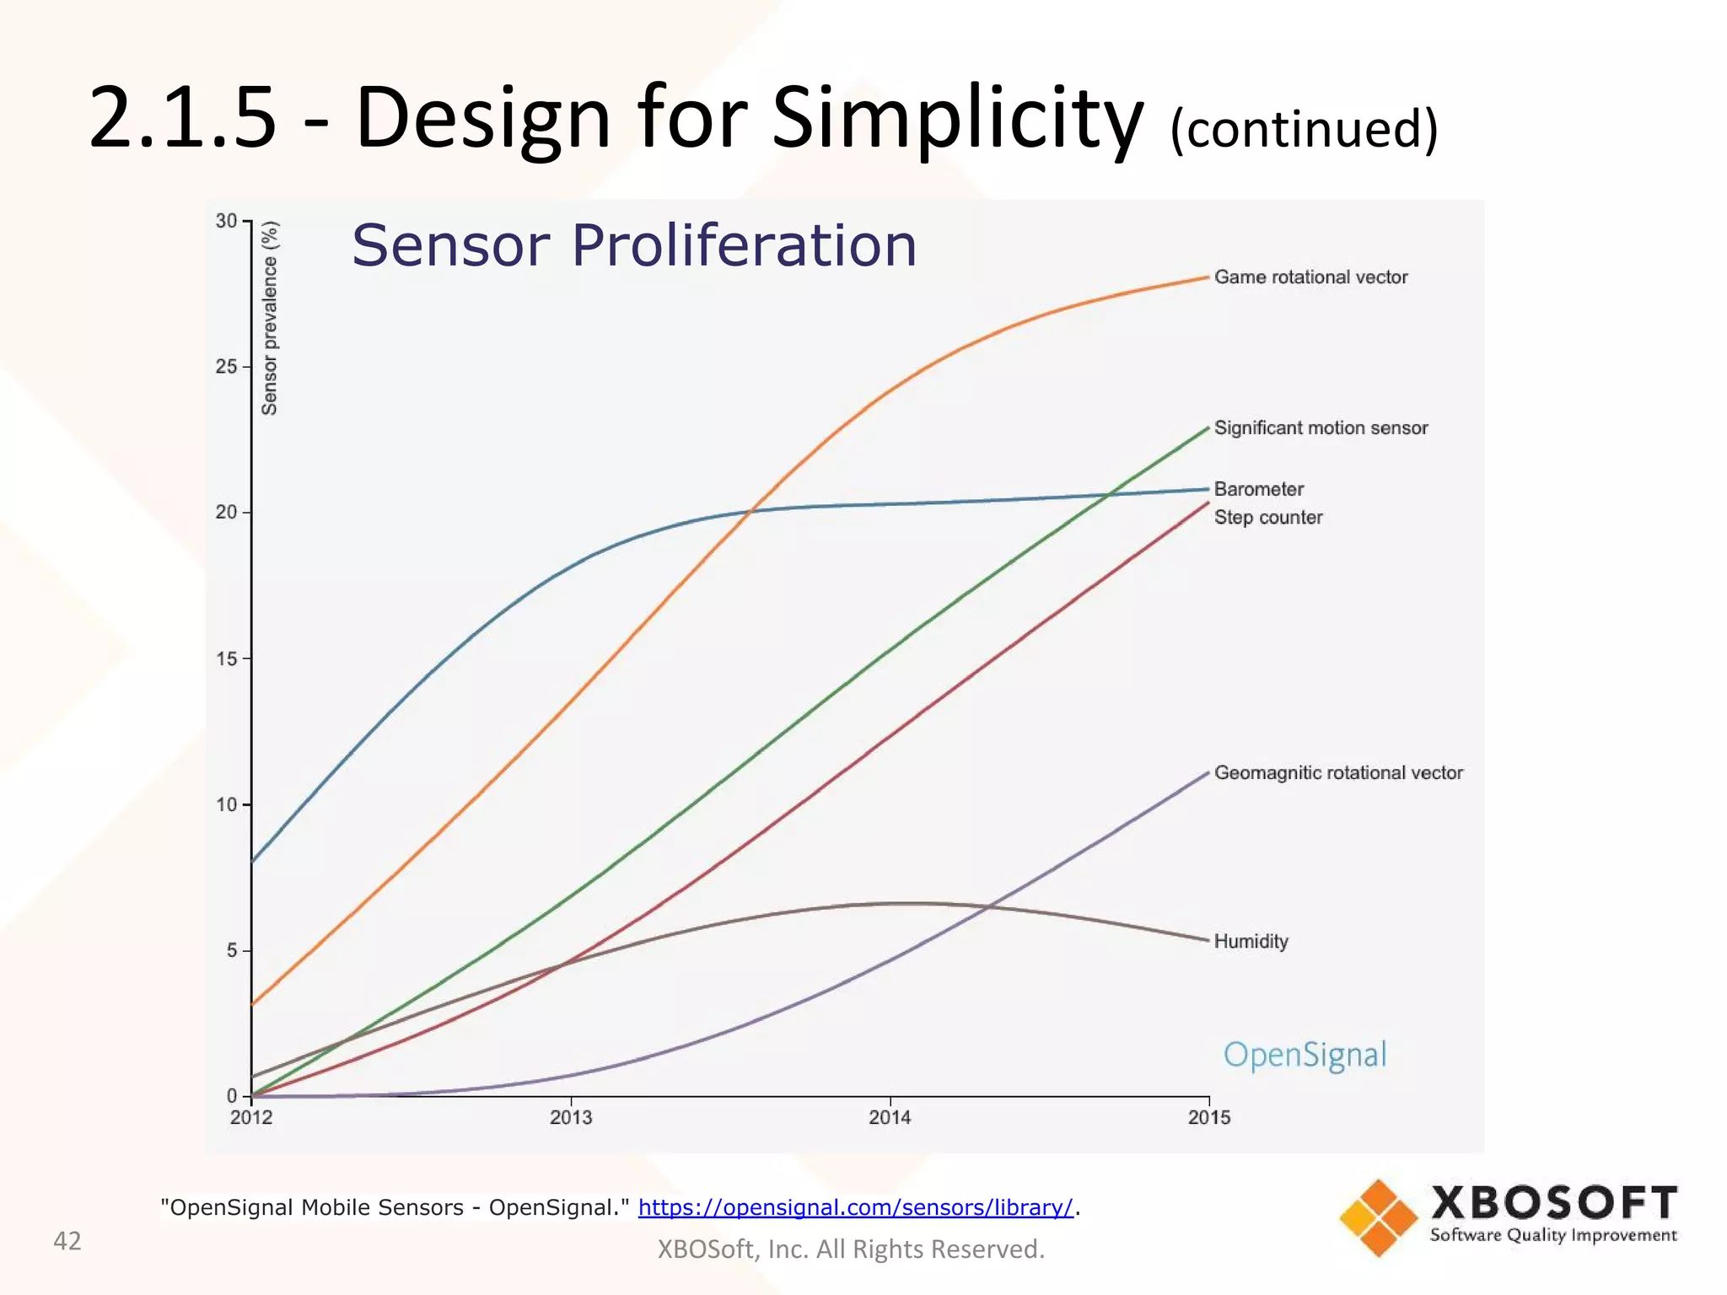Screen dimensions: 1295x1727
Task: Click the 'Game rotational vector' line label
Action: pyautogui.click(x=1310, y=277)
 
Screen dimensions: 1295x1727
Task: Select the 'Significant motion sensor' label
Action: pyautogui.click(x=1321, y=428)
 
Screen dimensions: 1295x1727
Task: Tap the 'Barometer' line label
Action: pyautogui.click(x=1258, y=490)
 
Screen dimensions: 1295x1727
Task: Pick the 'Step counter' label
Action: pyautogui.click(x=1267, y=518)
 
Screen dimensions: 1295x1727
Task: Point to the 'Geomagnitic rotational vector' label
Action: pyautogui.click(x=1337, y=773)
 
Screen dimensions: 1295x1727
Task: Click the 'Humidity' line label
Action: pyautogui.click(x=1251, y=942)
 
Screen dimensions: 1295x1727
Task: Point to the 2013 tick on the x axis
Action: pyautogui.click(x=571, y=1118)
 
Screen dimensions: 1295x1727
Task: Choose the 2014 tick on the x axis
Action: pyautogui.click(x=890, y=1118)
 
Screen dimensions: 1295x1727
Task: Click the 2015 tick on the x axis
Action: pyautogui.click(x=1208, y=1118)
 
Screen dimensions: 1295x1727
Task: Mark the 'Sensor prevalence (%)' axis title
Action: pyautogui.click(x=270, y=319)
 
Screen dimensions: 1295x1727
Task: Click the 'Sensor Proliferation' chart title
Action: pyautogui.click(x=633, y=246)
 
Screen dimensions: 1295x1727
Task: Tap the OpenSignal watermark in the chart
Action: pyautogui.click(x=1305, y=1056)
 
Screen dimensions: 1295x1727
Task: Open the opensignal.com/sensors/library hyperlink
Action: pyautogui.click(x=855, y=1207)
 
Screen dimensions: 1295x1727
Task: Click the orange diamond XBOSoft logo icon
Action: pyautogui.click(x=1378, y=1217)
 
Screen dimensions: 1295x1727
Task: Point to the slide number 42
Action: pyautogui.click(x=67, y=1241)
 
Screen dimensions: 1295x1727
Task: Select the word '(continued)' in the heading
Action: pyautogui.click(x=1304, y=129)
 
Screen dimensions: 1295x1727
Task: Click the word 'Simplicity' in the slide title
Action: pyautogui.click(x=957, y=118)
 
